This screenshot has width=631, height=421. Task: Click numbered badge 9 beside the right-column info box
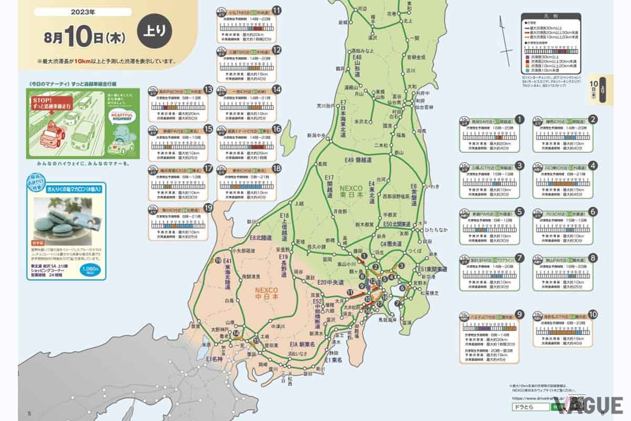pos(520,315)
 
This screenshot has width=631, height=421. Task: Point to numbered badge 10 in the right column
pos(593,315)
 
